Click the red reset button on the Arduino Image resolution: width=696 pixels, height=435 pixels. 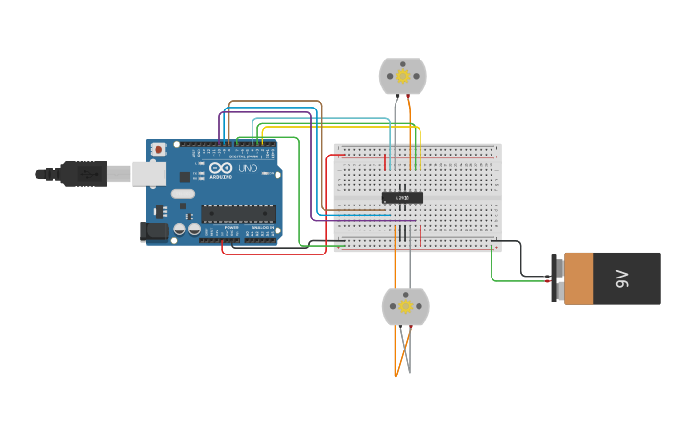click(157, 149)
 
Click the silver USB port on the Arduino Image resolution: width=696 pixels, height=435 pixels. click(147, 173)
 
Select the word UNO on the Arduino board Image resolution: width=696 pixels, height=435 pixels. click(248, 168)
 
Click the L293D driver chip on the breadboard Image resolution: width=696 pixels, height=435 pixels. click(402, 198)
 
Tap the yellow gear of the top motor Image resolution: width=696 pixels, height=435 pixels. click(403, 75)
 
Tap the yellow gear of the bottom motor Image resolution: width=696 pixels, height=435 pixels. click(405, 306)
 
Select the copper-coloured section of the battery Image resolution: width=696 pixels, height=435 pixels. click(579, 278)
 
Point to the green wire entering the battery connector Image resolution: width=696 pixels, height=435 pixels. click(518, 281)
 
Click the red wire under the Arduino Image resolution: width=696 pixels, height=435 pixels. click(274, 254)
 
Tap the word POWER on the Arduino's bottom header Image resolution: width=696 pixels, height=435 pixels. click(231, 227)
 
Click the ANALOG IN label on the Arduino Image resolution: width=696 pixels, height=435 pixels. click(261, 227)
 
